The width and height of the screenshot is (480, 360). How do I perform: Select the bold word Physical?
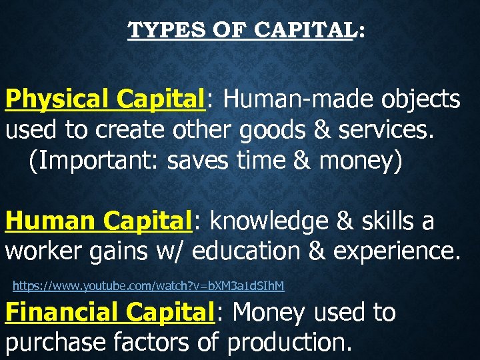coord(57,99)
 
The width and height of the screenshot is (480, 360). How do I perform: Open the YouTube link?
coord(148,286)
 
